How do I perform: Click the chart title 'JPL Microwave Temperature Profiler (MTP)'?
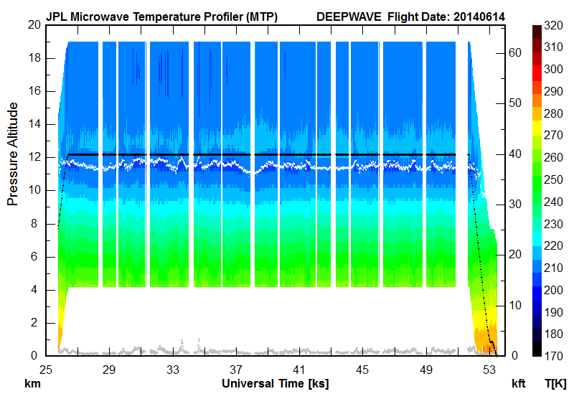pyautogui.click(x=161, y=16)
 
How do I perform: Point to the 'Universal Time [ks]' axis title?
pyautogui.click(x=275, y=384)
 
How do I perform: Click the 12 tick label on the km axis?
pyautogui.click(x=33, y=157)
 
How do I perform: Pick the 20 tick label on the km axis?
pyautogui.click(x=33, y=24)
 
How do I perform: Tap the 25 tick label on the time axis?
pyautogui.click(x=46, y=370)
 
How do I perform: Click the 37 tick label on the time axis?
pyautogui.click(x=236, y=370)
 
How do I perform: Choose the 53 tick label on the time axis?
pyautogui.click(x=489, y=370)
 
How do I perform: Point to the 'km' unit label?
pyautogui.click(x=33, y=384)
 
